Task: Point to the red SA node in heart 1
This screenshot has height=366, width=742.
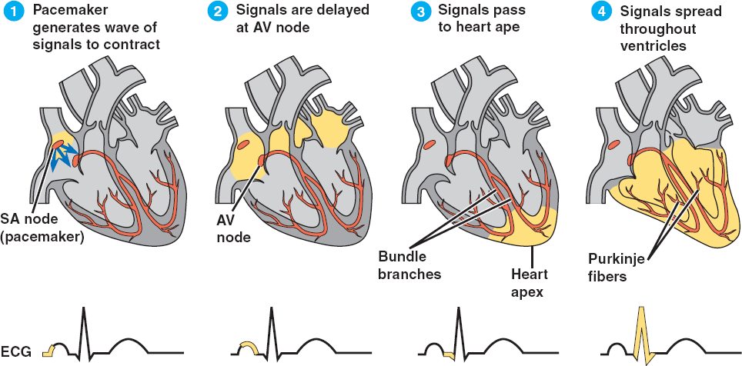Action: coord(59,144)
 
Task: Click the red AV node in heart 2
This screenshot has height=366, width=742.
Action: coord(262,160)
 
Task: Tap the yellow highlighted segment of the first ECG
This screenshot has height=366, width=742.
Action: coord(48,351)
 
